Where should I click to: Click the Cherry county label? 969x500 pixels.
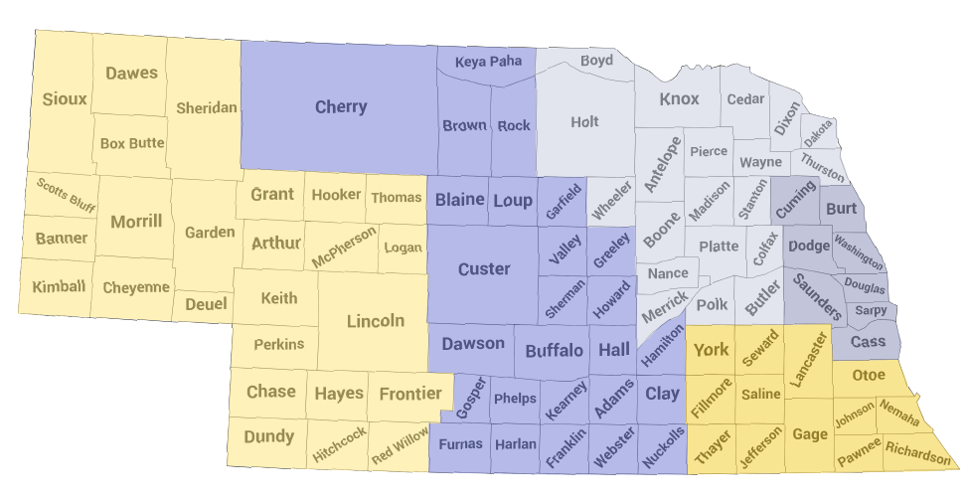(341, 107)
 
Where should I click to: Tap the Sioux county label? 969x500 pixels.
(65, 99)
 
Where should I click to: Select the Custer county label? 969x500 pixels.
(484, 269)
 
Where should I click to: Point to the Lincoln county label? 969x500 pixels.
(375, 321)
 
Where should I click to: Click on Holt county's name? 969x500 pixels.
(585, 122)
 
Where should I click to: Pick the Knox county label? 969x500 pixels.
(680, 99)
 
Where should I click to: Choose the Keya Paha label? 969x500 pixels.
(488, 63)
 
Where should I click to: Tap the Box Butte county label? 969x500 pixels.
(132, 143)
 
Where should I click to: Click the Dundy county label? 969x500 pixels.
(268, 436)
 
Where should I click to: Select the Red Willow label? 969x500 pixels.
(400, 444)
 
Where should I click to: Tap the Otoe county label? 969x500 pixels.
(869, 375)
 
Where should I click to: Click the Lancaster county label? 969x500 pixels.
(810, 360)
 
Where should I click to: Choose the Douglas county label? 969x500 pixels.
(865, 285)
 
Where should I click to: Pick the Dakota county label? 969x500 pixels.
(819, 133)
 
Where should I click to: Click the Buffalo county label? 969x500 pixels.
(554, 351)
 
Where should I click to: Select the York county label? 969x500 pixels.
(711, 350)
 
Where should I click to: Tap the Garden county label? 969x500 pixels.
(210, 233)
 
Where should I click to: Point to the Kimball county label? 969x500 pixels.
(59, 286)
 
